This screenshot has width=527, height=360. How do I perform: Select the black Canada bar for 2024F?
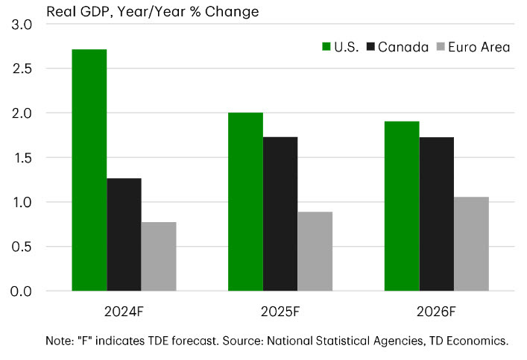point(124,235)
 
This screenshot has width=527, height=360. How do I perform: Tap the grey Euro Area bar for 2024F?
point(159,256)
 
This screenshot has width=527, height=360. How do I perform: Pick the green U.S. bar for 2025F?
point(245,202)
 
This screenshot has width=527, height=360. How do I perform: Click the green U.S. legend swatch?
point(326,47)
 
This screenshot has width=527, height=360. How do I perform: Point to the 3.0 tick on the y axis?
point(22,25)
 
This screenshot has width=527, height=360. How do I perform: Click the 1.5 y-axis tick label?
point(22,158)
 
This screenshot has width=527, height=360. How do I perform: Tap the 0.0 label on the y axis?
point(22,291)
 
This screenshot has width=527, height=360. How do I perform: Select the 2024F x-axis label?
point(124,309)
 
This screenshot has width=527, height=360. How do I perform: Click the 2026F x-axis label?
point(437,309)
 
